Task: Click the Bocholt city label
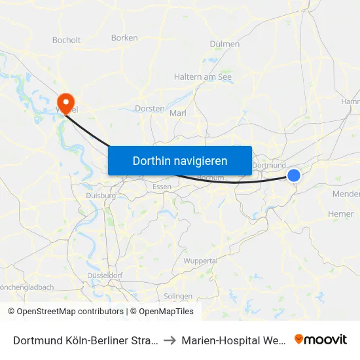pyautogui.click(x=66, y=40)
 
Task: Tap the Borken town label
pyautogui.click(x=124, y=38)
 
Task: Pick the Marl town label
pyautogui.click(x=178, y=113)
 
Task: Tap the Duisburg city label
pyautogui.click(x=101, y=195)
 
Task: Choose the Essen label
pyautogui.click(x=162, y=187)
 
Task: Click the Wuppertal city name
pyautogui.click(x=201, y=261)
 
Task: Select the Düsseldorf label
pyautogui.click(x=105, y=276)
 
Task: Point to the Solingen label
pyautogui.click(x=178, y=296)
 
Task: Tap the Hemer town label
pyautogui.click(x=340, y=214)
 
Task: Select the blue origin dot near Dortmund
pyautogui.click(x=294, y=175)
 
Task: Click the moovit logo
pyautogui.click(x=321, y=339)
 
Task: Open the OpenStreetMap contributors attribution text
pyautogui.click(x=66, y=312)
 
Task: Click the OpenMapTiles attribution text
pyautogui.click(x=165, y=312)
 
